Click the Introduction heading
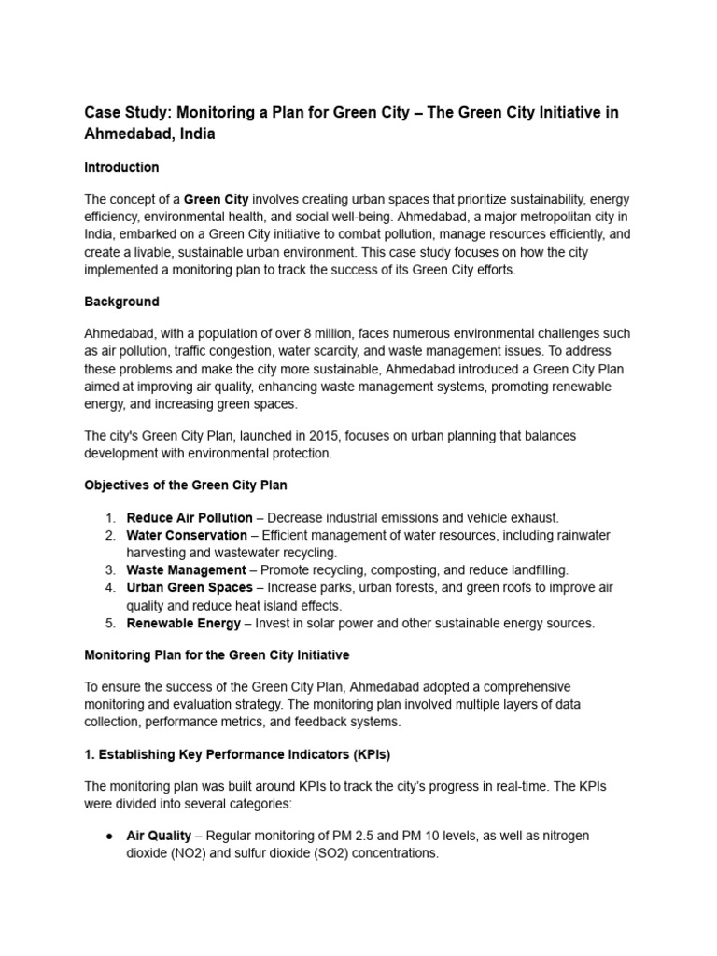(121, 167)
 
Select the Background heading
(121, 302)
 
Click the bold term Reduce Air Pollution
(190, 517)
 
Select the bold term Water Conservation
(187, 535)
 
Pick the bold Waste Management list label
(186, 569)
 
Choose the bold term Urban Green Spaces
(190, 587)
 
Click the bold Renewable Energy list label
(183, 623)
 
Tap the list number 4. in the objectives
(109, 587)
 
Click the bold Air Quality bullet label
(159, 836)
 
